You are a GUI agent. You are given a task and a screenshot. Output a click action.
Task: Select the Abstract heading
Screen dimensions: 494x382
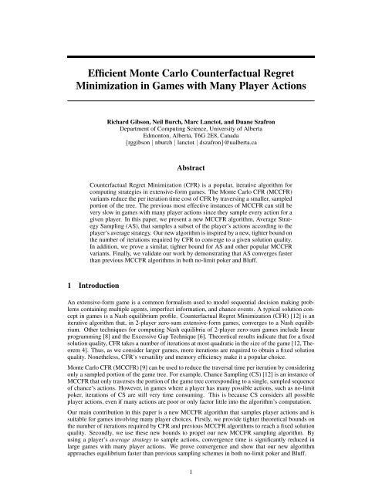(x=191, y=166)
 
